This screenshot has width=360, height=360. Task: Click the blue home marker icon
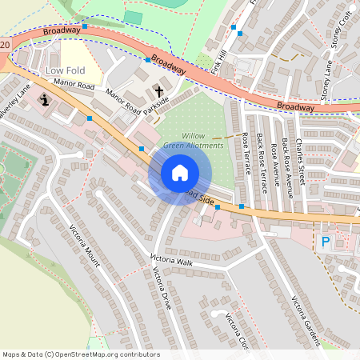[179, 172]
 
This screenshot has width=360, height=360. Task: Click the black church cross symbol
[158, 91]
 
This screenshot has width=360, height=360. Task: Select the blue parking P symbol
[325, 240]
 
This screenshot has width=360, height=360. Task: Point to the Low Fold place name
[65, 71]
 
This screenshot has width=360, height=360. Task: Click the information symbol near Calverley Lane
[44, 100]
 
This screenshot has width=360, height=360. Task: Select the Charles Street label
[299, 162]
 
